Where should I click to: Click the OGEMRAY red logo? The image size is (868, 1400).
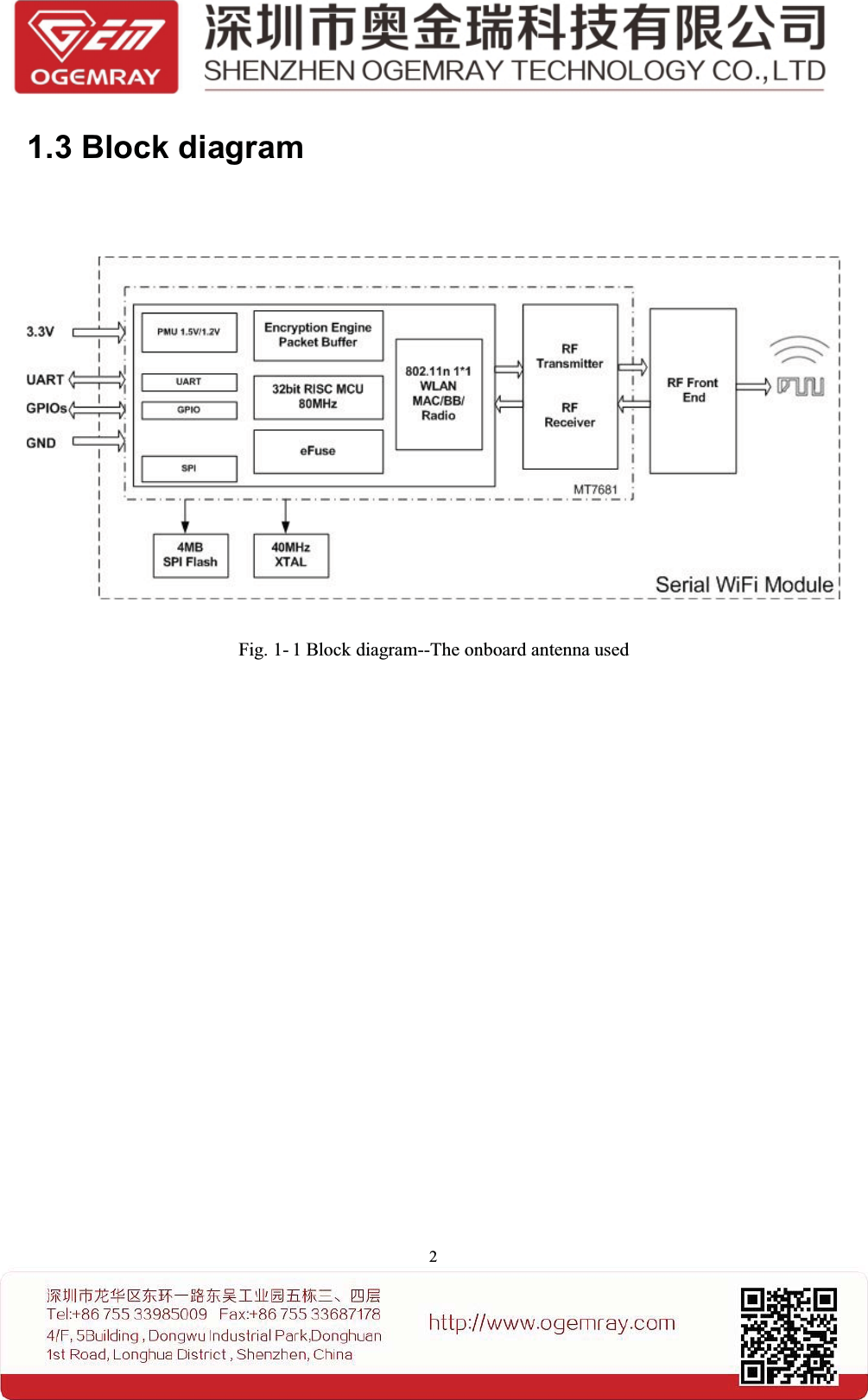(96, 47)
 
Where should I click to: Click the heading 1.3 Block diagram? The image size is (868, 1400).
(165, 148)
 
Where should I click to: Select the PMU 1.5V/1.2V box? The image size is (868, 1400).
(188, 333)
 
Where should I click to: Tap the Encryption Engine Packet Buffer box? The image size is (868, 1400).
(318, 335)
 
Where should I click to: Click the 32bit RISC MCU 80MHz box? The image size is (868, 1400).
(318, 396)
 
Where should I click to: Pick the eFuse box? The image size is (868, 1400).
(318, 451)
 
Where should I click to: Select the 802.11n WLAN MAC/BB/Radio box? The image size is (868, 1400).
(438, 394)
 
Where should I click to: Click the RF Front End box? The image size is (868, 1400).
(693, 390)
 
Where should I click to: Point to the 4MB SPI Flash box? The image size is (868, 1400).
(190, 554)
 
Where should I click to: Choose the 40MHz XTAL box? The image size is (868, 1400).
(291, 554)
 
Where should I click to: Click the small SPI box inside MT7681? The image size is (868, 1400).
(188, 468)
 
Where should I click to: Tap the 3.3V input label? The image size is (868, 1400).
(40, 332)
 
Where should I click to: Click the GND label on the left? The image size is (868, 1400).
(41, 443)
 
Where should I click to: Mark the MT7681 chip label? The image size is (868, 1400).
(595, 490)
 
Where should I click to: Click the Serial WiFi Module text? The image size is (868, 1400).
(744, 585)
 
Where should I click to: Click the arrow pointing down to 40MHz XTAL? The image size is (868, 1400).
(286, 516)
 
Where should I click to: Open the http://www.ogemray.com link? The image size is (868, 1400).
(552, 1322)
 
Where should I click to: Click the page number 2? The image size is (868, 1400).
(433, 1257)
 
